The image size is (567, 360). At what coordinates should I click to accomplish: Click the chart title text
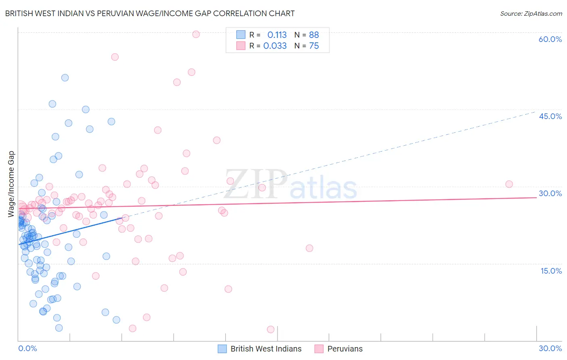[x=150, y=13]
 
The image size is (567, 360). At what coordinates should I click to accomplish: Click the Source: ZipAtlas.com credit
[x=531, y=13]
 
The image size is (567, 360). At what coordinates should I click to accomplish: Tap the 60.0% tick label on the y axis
[x=550, y=39]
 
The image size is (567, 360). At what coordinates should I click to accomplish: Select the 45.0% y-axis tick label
[x=550, y=116]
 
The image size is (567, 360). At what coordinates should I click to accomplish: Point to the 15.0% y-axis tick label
[x=551, y=271]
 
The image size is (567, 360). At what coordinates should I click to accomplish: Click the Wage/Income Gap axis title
[x=11, y=184]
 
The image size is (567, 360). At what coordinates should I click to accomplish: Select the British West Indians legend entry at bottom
[x=260, y=349]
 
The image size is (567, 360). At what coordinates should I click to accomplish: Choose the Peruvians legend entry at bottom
[x=339, y=349]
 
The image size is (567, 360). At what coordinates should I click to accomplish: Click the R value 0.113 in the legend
[x=277, y=35]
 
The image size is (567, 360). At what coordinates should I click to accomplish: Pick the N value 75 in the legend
[x=314, y=46]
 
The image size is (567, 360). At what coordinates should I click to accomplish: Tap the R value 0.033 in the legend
[x=275, y=46]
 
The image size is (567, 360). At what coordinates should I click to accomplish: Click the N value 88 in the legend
[x=314, y=35]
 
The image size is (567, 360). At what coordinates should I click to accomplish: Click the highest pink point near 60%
[x=196, y=34]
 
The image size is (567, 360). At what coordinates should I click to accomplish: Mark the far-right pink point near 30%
[x=509, y=184]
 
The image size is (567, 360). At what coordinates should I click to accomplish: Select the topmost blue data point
[x=65, y=78]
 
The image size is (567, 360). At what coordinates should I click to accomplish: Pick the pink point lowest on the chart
[x=271, y=329]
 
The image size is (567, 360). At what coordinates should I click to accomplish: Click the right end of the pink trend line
[x=536, y=197]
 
